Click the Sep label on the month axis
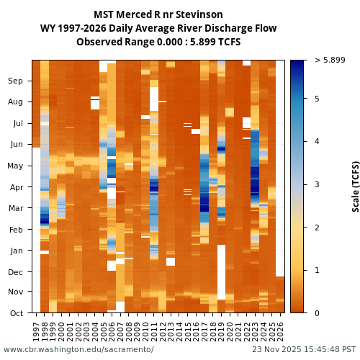coord(16,81)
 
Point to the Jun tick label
coord(16,145)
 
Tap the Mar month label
coord(16,209)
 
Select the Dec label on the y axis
coord(16,272)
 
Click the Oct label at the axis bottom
coord(16,313)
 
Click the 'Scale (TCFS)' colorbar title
coord(355,186)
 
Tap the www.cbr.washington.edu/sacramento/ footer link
coord(78,350)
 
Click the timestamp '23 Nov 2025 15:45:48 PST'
coord(299,350)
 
